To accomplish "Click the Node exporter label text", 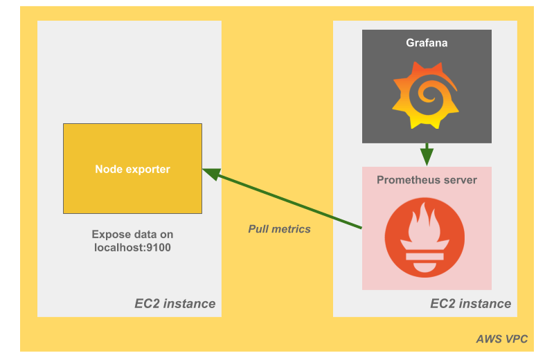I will (x=132, y=169).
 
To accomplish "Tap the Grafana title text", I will (x=427, y=43).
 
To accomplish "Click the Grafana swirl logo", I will (x=427, y=94).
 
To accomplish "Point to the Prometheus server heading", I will (x=427, y=180).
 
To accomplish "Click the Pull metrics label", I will (x=280, y=228).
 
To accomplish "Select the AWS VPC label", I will (x=502, y=339).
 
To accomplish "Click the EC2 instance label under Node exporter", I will (x=175, y=303).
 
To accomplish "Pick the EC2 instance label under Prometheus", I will (x=471, y=303).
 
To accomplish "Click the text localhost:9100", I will (x=132, y=246).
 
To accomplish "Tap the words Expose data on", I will (x=132, y=234).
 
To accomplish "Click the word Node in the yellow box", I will (x=108, y=169).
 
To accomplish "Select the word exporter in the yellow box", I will (x=146, y=169).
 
